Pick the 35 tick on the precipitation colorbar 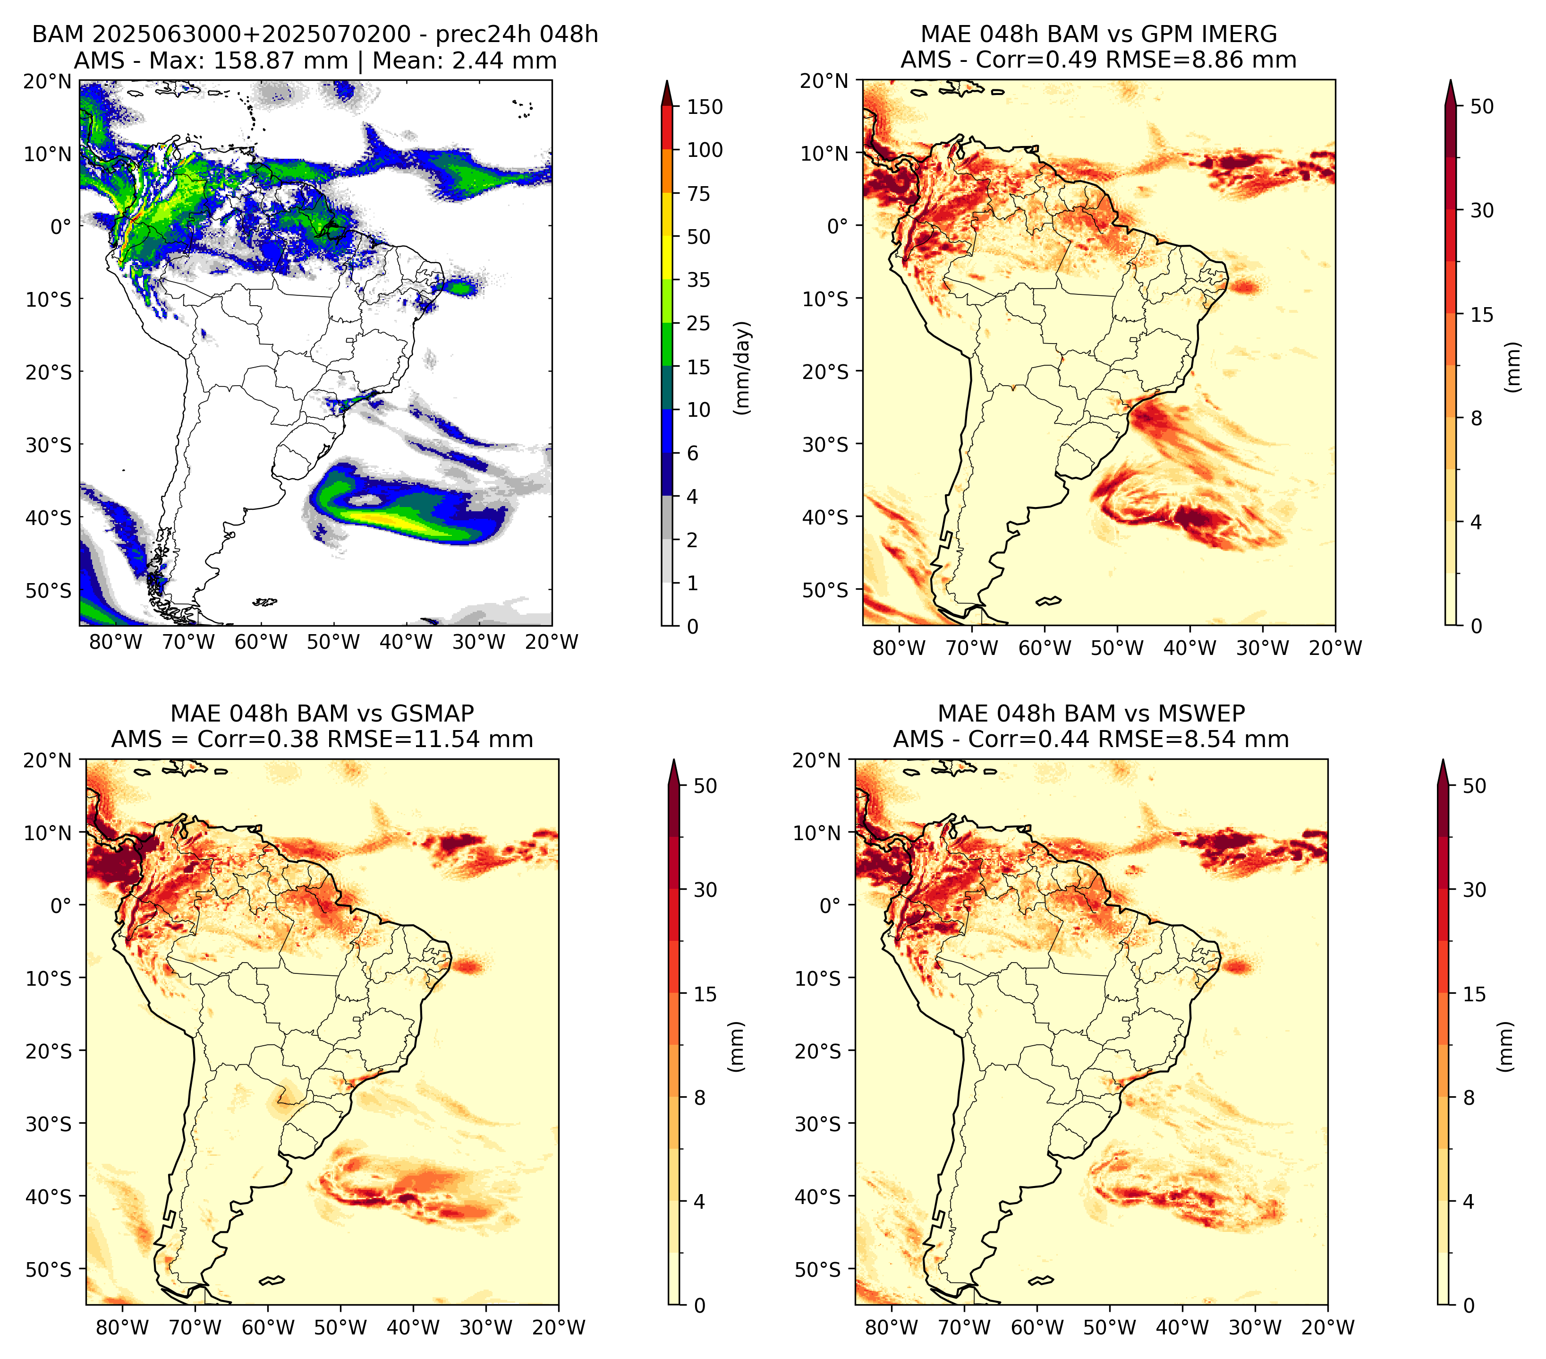[x=699, y=280]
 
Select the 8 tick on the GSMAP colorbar [x=700, y=1098]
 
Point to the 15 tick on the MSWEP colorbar [x=1475, y=994]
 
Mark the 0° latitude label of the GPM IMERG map [x=838, y=226]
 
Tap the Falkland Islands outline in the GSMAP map [x=272, y=1280]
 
